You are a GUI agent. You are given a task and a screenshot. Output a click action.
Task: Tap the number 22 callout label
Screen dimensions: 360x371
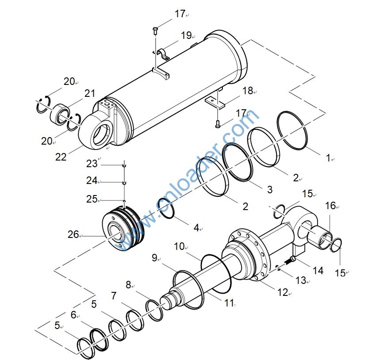pyautogui.click(x=61, y=157)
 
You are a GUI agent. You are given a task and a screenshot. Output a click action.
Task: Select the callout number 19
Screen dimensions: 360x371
pyautogui.click(x=186, y=35)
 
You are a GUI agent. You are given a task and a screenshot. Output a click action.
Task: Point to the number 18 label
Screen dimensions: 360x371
pyautogui.click(x=247, y=91)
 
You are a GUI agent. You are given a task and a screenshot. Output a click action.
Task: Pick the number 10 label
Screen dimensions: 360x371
pyautogui.click(x=179, y=246)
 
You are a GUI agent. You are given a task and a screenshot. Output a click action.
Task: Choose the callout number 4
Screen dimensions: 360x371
pyautogui.click(x=196, y=228)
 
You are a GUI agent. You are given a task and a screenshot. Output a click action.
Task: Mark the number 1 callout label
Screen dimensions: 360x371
pyautogui.click(x=328, y=158)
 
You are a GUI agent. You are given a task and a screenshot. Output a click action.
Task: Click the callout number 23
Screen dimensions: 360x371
pyautogui.click(x=92, y=164)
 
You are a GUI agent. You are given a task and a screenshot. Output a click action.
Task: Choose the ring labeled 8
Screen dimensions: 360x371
pyautogui.click(x=154, y=309)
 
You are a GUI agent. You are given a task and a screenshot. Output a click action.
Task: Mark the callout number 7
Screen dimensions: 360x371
pyautogui.click(x=114, y=296)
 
